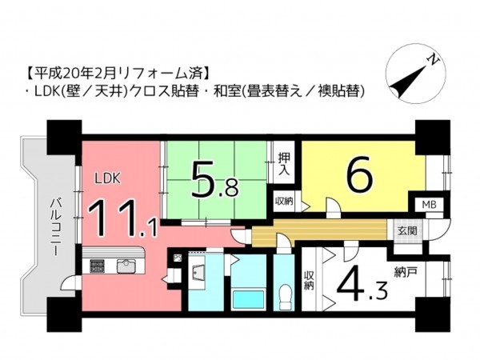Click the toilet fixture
(282, 298)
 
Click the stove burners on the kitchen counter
(95, 266)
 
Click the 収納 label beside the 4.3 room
(308, 281)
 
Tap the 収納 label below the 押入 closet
(283, 201)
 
